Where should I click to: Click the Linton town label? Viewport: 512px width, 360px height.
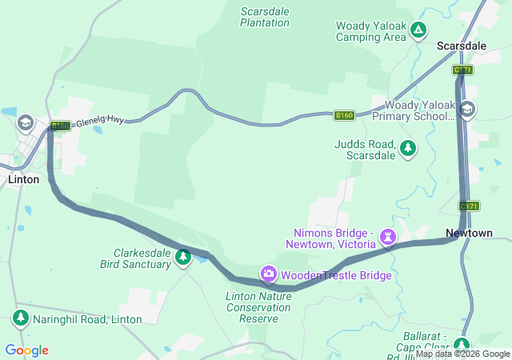tap(23, 179)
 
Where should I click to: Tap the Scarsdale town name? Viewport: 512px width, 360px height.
tap(462, 46)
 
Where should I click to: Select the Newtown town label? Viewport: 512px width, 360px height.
tap(469, 233)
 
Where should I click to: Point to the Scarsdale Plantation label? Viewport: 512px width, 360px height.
tap(265, 17)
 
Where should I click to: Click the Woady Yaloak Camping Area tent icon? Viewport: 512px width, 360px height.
tap(418, 31)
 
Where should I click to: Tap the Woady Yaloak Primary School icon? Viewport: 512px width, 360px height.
tap(467, 110)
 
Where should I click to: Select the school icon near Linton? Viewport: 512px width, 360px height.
tap(25, 122)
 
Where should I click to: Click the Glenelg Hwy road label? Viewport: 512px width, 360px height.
tap(100, 120)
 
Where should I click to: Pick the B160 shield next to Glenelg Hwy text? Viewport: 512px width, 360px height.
tap(61, 126)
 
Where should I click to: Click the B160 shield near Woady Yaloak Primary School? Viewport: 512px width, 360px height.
tap(344, 116)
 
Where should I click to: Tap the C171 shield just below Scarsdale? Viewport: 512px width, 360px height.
tap(462, 70)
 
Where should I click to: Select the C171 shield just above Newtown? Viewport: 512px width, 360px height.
tap(469, 206)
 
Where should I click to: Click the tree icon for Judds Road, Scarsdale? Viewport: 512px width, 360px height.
tap(408, 148)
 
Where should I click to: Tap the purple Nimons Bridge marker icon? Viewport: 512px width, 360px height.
tap(388, 236)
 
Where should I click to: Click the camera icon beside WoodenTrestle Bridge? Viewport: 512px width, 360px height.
tap(269, 274)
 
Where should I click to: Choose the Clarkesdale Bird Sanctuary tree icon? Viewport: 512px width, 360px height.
tap(184, 257)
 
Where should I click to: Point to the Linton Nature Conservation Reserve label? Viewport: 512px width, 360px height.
tap(252, 307)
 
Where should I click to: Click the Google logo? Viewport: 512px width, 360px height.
tap(26, 350)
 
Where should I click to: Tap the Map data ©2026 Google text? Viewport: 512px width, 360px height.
tap(462, 354)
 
